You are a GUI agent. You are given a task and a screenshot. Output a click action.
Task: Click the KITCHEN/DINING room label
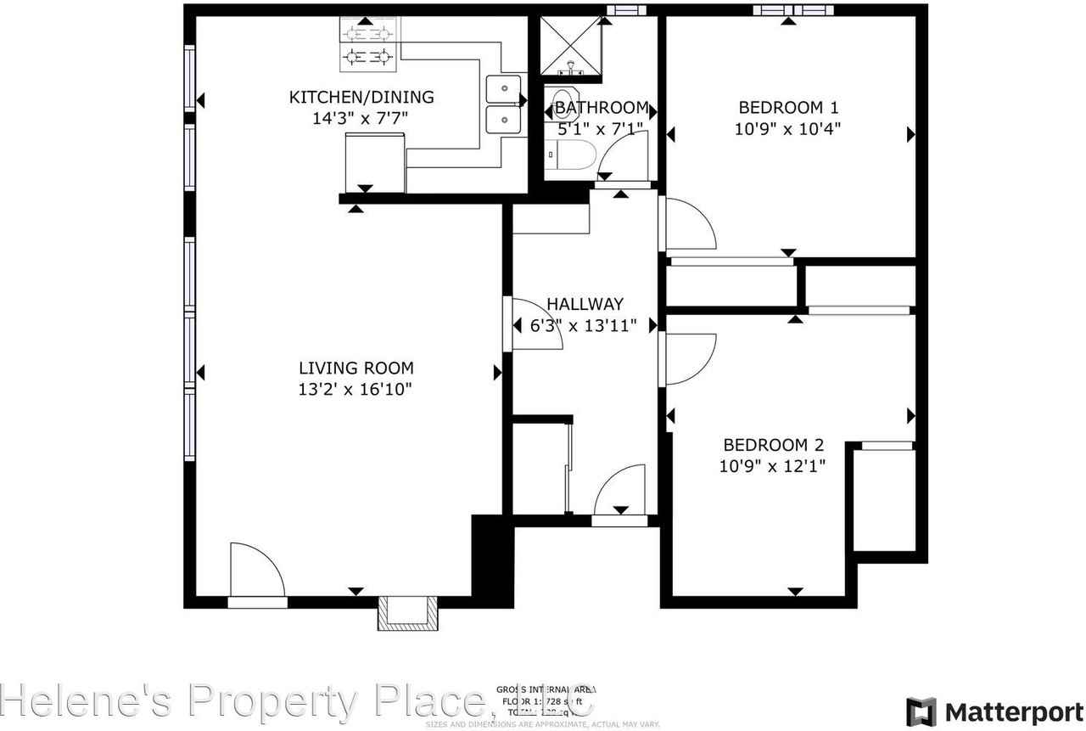pyautogui.click(x=361, y=97)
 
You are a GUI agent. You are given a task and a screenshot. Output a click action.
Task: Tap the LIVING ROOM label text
pyautogui.click(x=356, y=368)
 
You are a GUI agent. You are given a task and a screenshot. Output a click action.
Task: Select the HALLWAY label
pyautogui.click(x=585, y=304)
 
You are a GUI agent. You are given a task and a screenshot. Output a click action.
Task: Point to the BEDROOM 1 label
pyautogui.click(x=788, y=108)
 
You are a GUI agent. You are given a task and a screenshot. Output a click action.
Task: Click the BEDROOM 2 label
pyautogui.click(x=773, y=445)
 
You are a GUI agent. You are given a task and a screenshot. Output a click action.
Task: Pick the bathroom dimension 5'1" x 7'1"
pyautogui.click(x=601, y=129)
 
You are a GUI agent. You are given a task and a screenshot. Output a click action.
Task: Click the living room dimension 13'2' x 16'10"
pyautogui.click(x=356, y=390)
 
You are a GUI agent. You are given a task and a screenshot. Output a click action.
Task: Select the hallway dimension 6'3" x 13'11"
pyautogui.click(x=585, y=325)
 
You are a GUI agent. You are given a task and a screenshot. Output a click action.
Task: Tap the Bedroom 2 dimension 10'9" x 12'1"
pyautogui.click(x=773, y=466)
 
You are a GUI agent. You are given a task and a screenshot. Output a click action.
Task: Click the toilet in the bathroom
pyautogui.click(x=574, y=155)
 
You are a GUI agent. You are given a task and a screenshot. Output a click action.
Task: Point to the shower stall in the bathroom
pyautogui.click(x=570, y=46)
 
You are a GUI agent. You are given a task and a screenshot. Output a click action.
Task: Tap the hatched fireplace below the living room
pyautogui.click(x=408, y=612)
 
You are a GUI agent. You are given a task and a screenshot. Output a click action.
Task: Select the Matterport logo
pyautogui.click(x=988, y=710)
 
